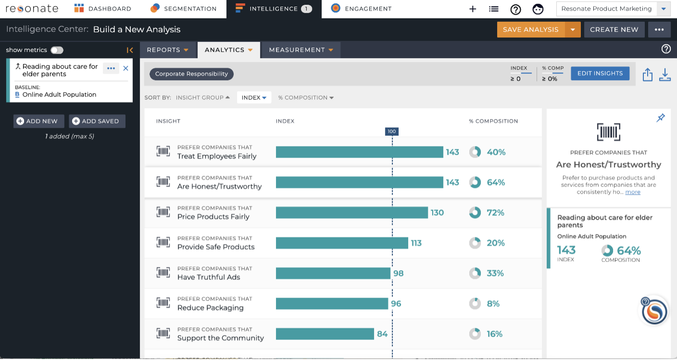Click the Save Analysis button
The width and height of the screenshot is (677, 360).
pos(531,30)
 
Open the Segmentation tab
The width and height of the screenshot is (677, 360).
pos(184,9)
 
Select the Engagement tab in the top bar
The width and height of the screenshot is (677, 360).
pos(361,9)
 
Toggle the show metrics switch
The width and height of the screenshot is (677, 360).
pos(57,50)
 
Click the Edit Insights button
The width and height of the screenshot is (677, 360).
pos(600,73)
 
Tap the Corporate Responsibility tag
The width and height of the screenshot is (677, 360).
pos(191,74)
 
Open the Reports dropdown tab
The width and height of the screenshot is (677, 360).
pos(168,50)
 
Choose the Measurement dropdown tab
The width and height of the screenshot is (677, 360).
pos(301,50)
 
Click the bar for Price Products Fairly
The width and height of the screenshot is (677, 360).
pos(352,213)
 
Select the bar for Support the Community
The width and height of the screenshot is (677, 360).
pos(325,334)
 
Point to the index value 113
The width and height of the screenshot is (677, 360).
pos(416,243)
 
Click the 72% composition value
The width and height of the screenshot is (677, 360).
pos(495,213)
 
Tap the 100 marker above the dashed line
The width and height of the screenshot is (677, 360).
pos(392,131)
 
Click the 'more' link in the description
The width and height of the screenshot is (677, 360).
pos(632,192)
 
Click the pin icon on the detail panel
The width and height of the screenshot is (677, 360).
pos(661,117)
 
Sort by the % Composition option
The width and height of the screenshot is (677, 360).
pos(305,98)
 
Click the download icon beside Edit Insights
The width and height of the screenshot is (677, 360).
pos(665,75)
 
